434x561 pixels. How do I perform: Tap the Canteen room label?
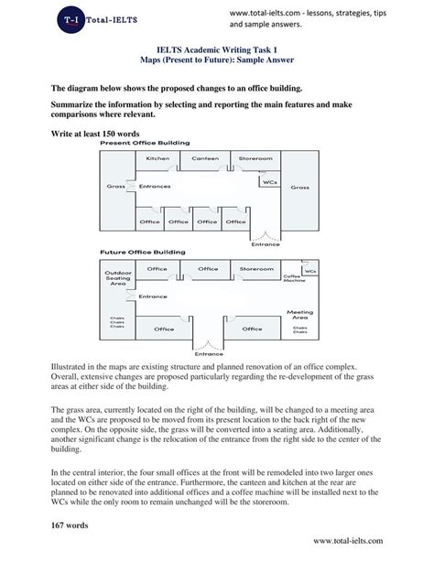tap(205, 158)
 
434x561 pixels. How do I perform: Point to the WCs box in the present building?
tap(269, 182)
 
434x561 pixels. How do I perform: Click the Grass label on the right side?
tap(299, 187)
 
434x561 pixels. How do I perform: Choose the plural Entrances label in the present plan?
tap(155, 187)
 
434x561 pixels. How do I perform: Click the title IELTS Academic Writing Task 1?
tap(216, 53)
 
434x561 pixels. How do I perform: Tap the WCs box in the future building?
tap(310, 272)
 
